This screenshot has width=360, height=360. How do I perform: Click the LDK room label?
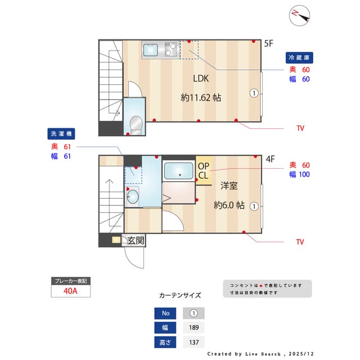(201, 79)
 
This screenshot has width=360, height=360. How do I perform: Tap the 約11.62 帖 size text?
(201, 97)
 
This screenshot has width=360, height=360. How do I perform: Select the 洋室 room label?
(228, 185)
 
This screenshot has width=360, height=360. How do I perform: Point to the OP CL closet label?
(203, 170)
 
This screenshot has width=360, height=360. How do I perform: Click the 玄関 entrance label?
(135, 241)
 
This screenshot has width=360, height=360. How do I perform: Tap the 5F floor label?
(269, 43)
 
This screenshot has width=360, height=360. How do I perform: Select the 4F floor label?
(270, 159)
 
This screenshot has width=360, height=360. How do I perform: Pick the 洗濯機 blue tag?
(61, 134)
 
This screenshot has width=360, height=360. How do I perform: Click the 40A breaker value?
(70, 291)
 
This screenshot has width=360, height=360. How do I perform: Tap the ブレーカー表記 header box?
(70, 280)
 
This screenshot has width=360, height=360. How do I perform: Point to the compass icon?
(300, 16)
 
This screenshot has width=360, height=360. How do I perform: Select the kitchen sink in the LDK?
(151, 51)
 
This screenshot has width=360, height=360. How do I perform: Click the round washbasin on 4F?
(133, 196)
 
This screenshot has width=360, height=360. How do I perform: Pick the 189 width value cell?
(193, 328)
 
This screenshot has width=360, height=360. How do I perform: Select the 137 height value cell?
(193, 342)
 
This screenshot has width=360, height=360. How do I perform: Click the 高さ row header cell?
(165, 342)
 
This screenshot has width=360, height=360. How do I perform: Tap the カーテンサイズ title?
(180, 295)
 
